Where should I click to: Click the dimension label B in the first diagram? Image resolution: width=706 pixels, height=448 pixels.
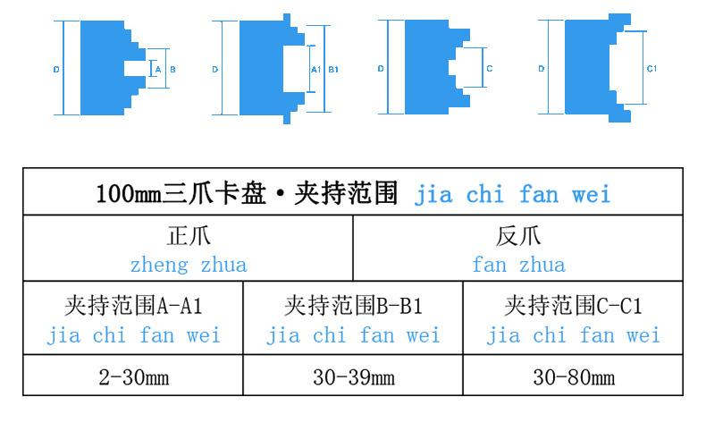pos(172,69)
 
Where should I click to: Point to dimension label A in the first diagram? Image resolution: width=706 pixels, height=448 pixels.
pos(157,69)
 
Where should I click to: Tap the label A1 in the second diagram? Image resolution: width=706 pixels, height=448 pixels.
pos(315,69)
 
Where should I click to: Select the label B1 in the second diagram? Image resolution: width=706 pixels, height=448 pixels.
pos(333,69)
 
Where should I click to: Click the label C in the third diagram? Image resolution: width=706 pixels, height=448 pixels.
pos(490,69)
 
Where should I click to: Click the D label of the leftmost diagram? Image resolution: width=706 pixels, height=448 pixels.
pos(55,69)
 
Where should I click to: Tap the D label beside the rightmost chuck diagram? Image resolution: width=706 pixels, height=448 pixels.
pos(542,69)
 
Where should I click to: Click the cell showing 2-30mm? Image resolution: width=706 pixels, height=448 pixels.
pos(133,377)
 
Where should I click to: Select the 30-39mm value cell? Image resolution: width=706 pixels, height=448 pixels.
pos(353,377)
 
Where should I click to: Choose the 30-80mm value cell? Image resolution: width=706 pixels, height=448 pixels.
pos(573,377)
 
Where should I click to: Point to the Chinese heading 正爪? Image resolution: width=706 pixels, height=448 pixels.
pos(189,238)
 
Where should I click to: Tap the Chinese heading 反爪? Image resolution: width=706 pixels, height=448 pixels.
pos(518,238)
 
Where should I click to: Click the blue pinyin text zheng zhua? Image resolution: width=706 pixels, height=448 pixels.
pos(189,265)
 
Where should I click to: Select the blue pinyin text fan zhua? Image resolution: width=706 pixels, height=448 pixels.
pos(518,265)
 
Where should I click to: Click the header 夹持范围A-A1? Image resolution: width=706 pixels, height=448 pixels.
pos(133,307)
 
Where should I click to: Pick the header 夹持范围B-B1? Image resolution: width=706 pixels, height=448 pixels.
pos(353,307)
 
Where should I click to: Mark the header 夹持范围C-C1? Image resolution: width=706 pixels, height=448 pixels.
pos(573,307)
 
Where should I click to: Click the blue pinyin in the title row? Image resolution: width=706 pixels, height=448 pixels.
pos(512,194)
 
